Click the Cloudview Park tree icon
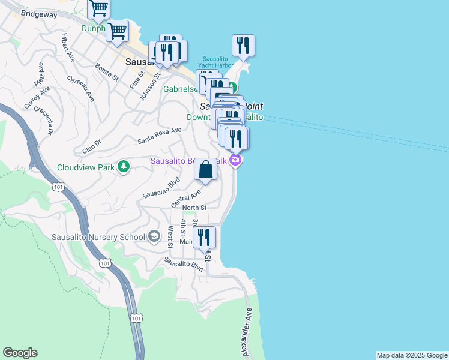(124, 167)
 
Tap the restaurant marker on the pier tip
(243, 44)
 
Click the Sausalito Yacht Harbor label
(218, 62)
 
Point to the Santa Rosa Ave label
(159, 136)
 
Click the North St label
(194, 208)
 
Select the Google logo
(20, 353)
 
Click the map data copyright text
(412, 355)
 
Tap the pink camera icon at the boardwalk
(236, 160)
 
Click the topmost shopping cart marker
(98, 8)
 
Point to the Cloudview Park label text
(86, 167)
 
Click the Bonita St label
(107, 73)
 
